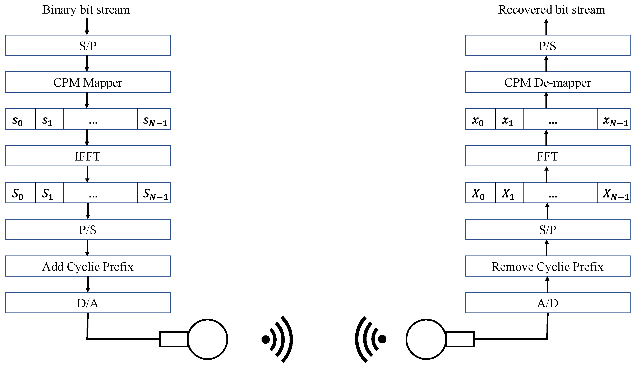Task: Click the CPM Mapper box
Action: point(88,82)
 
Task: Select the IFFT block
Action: point(88,156)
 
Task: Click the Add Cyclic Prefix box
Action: point(88,266)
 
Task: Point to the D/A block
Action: point(88,303)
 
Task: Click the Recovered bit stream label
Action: point(552,10)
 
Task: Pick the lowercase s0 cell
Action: point(20,119)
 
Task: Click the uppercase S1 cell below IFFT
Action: point(49,193)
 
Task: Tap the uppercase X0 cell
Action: point(480,193)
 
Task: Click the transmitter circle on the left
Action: point(207,339)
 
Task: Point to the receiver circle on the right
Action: point(426,339)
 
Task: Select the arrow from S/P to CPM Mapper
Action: point(87,63)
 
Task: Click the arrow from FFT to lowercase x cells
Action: point(546,137)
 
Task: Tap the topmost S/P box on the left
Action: point(88,45)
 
